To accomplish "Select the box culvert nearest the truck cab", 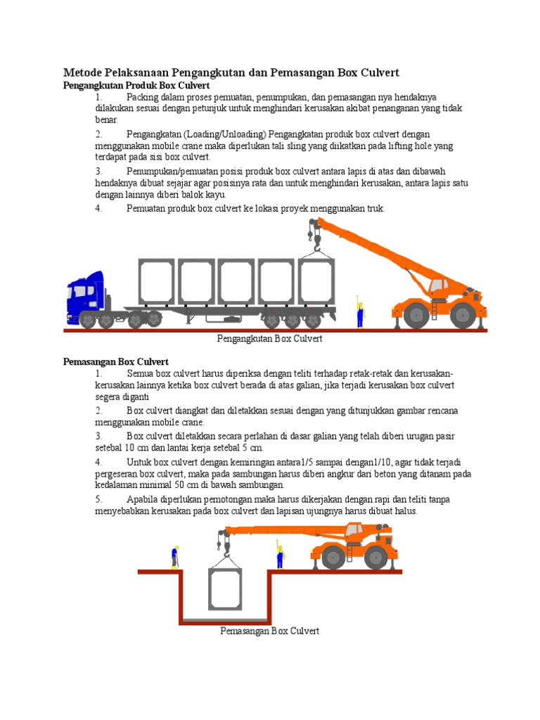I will pyautogui.click(x=156, y=281).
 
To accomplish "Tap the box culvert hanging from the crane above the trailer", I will pyautogui.click(x=316, y=281).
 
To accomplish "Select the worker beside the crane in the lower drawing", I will pyautogui.click(x=279, y=555).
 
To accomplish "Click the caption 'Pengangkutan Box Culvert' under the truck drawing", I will pyautogui.click(x=269, y=339).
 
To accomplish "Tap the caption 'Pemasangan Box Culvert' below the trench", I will pyautogui.click(x=269, y=631).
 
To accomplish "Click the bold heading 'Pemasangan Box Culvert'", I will pyautogui.click(x=115, y=361).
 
